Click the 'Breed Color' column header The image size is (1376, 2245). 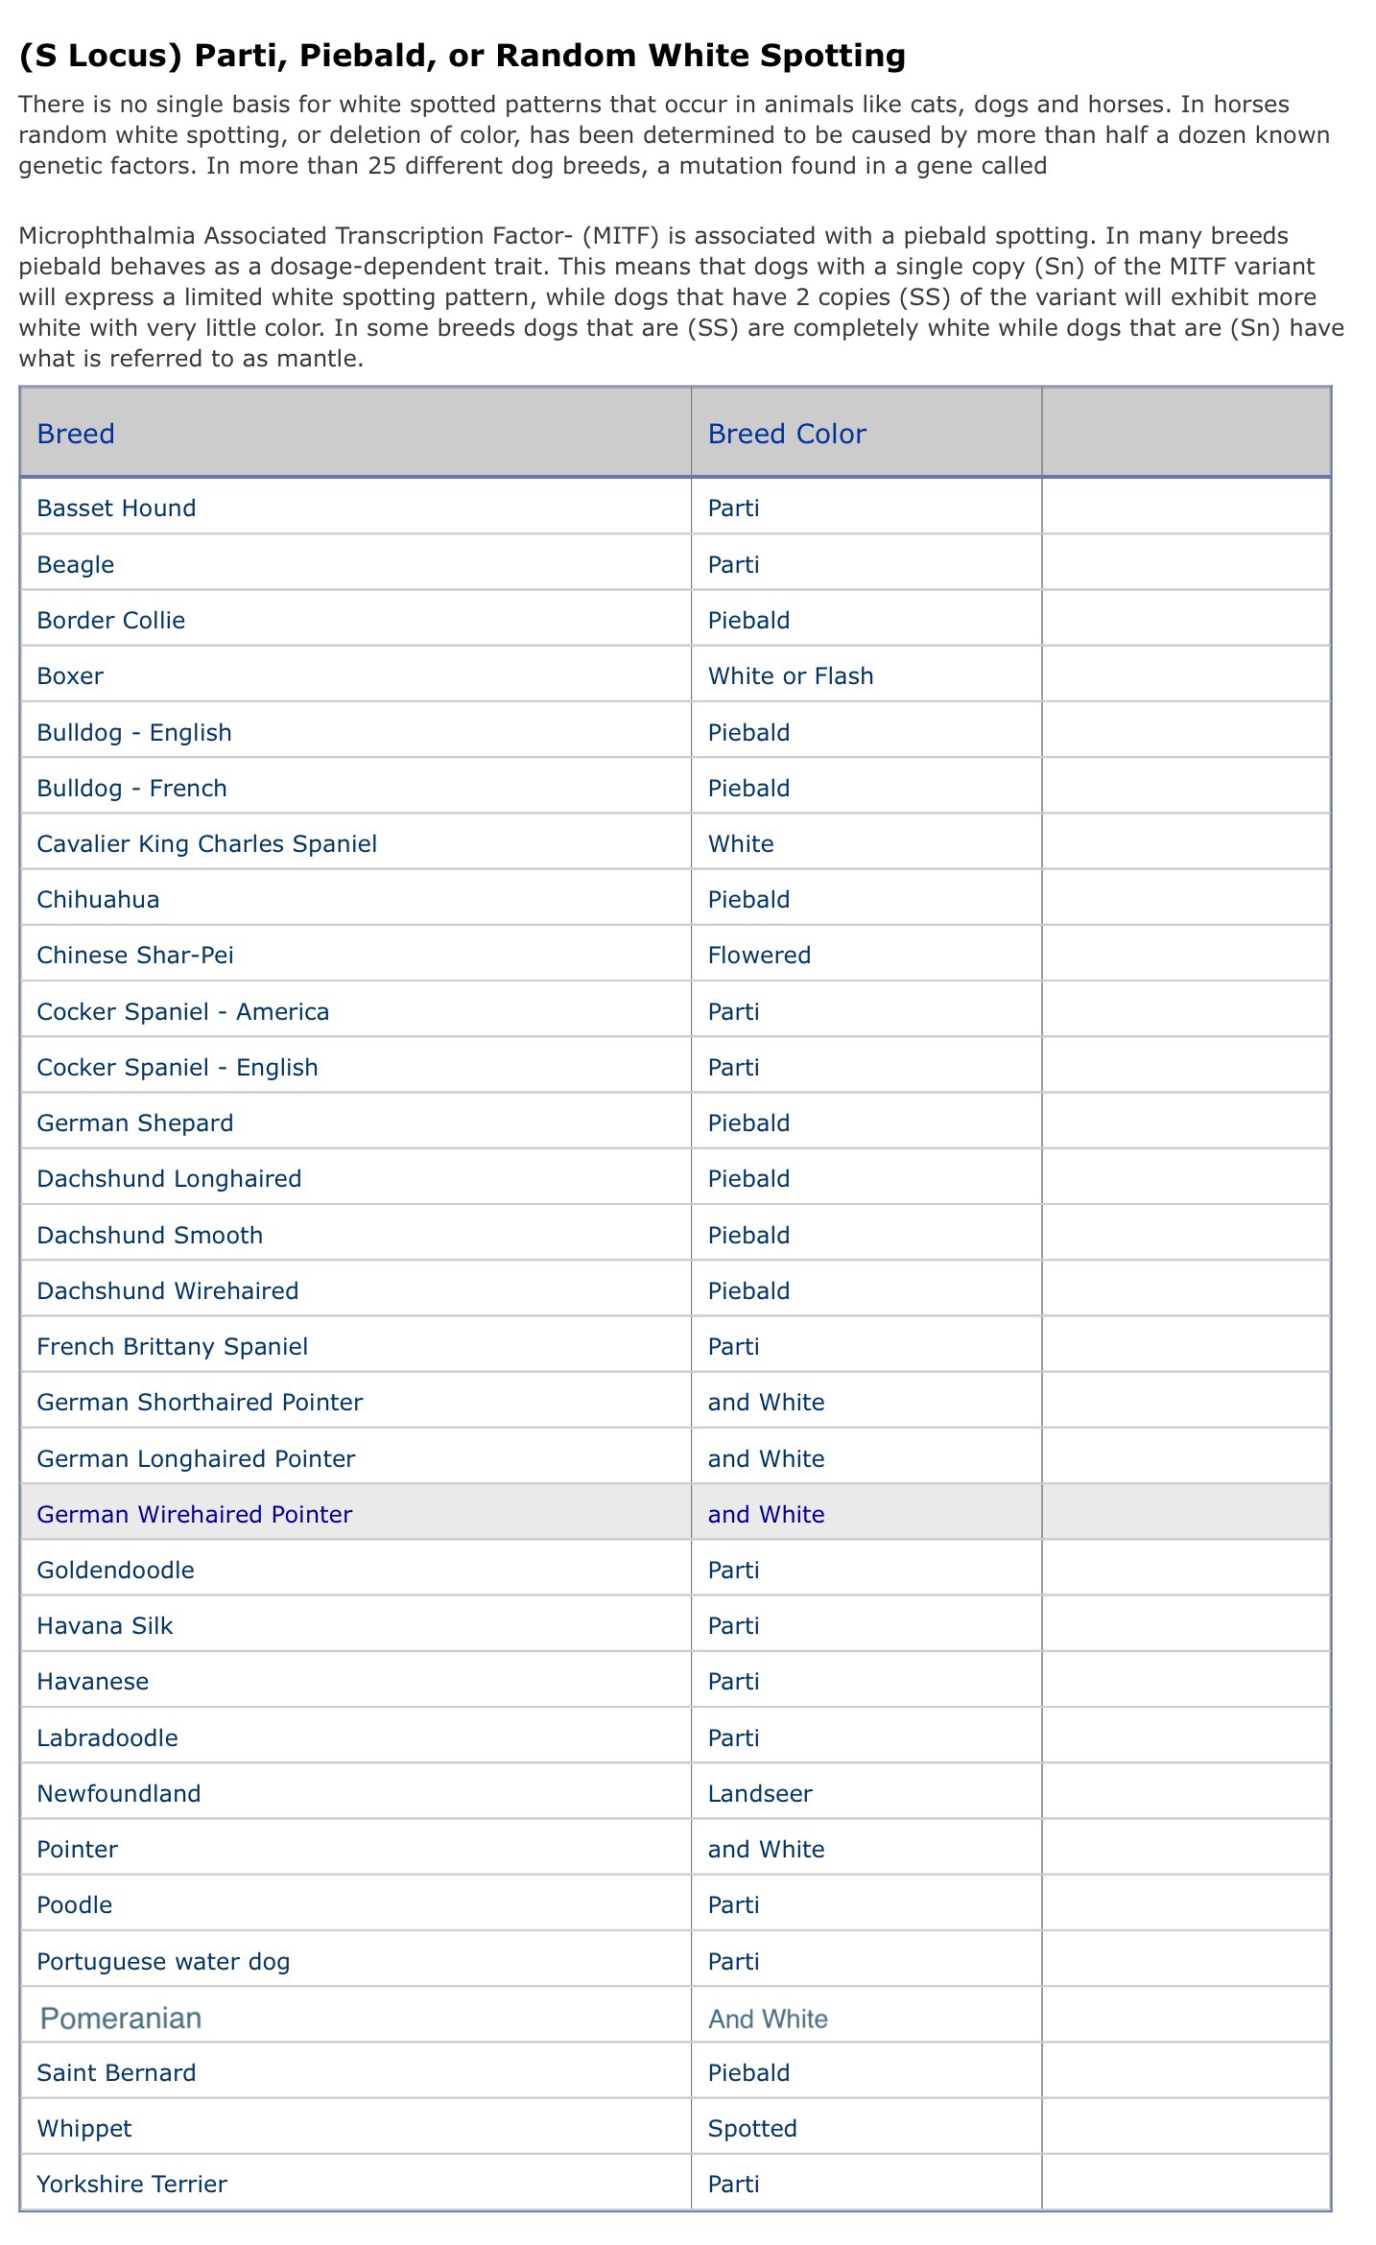point(786,434)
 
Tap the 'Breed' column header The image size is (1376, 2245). point(76,434)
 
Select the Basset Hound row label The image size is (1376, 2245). point(116,508)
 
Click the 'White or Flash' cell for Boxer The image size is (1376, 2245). point(791,675)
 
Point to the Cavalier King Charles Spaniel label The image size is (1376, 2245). point(206,843)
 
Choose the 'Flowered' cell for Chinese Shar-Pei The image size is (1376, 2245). point(759,955)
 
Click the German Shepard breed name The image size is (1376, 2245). point(134,1122)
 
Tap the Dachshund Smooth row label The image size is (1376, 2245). point(150,1235)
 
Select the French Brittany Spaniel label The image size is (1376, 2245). point(172,1346)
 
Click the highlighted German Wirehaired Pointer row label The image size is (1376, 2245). point(194,1514)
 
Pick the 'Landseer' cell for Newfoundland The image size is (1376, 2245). point(760,1793)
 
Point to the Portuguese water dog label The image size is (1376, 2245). point(163,1961)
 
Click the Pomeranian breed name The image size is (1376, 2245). point(121,2018)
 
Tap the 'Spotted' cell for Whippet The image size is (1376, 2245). point(752,2128)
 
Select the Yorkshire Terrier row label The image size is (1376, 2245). point(131,2184)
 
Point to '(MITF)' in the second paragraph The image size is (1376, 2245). point(620,235)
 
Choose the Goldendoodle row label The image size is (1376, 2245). point(115,1570)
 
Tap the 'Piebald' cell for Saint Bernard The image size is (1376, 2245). point(748,2072)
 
